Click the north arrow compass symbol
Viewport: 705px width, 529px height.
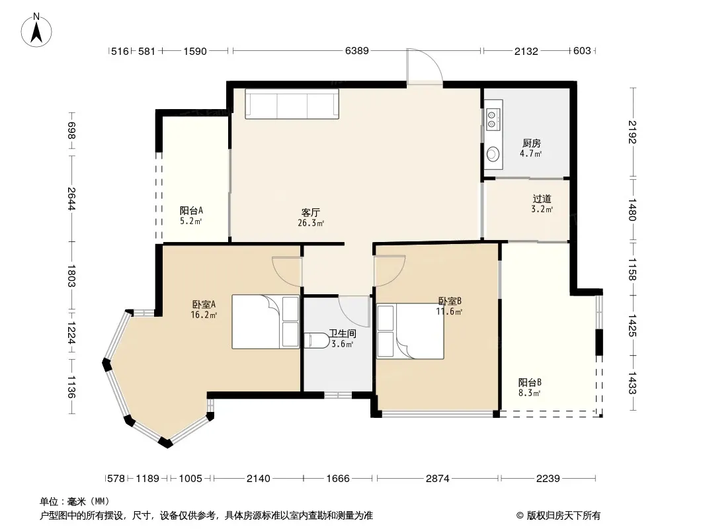(36, 30)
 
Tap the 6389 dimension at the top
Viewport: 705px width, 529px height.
(357, 51)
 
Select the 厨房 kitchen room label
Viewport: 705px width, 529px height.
(532, 143)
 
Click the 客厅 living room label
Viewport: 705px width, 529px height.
(311, 212)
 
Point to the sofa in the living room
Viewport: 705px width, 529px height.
(292, 104)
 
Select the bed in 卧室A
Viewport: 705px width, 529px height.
(265, 322)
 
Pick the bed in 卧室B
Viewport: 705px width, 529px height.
(410, 332)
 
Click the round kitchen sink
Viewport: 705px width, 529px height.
(493, 155)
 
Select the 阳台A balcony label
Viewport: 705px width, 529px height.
(191, 210)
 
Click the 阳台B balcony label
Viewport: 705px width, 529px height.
(530, 382)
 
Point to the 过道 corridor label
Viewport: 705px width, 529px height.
(542, 198)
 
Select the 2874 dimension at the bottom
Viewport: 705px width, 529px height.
(437, 478)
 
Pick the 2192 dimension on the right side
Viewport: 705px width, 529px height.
(632, 132)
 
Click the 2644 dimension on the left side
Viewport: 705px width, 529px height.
(71, 198)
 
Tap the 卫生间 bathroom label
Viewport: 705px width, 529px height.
(343, 333)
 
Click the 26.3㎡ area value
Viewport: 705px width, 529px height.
(311, 222)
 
